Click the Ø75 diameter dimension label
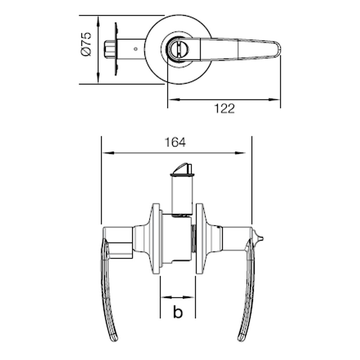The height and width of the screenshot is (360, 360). (x=86, y=44)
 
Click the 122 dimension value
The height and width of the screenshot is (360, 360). (x=224, y=109)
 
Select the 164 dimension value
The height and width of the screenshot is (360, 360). (x=175, y=142)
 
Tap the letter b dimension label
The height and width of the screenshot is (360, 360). (x=178, y=311)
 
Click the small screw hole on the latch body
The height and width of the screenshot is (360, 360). (x=136, y=49)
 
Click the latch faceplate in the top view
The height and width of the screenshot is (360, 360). (x=116, y=49)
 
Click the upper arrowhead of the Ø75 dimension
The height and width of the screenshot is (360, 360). (x=98, y=21)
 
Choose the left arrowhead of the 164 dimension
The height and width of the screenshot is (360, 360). (x=108, y=153)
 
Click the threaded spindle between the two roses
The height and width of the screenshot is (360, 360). (x=193, y=238)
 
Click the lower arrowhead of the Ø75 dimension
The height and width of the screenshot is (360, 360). (x=98, y=78)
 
